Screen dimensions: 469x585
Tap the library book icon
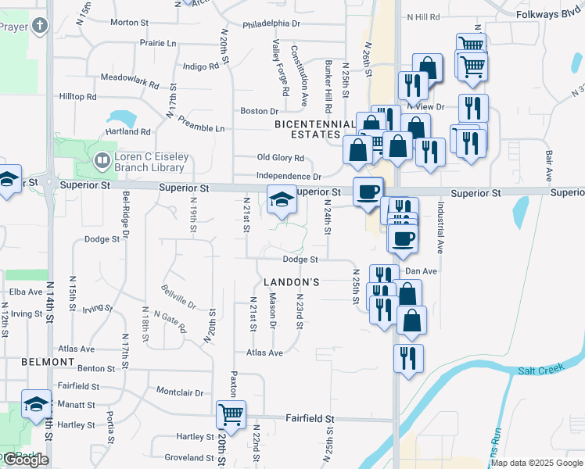tap(102, 162)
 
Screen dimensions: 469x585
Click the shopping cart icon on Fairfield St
tap(231, 414)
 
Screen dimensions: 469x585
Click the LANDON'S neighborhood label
tap(291, 281)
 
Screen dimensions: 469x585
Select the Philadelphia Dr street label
tap(271, 24)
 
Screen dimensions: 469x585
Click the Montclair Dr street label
tap(180, 392)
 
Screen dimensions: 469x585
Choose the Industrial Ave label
tap(440, 227)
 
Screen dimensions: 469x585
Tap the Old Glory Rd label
tap(280, 158)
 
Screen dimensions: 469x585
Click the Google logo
tap(27, 460)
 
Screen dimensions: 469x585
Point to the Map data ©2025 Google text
tap(537, 463)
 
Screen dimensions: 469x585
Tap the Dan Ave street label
tap(421, 271)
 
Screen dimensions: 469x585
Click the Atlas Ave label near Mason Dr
tap(264, 353)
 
